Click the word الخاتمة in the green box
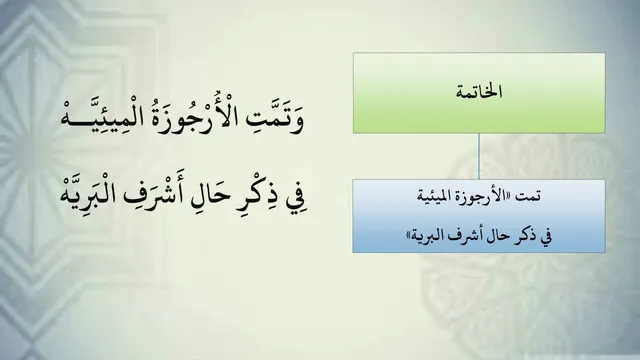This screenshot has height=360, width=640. (x=479, y=91)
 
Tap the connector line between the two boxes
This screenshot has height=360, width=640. (x=479, y=156)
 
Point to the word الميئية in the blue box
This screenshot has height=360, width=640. (x=437, y=196)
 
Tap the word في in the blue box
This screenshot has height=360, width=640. (x=546, y=236)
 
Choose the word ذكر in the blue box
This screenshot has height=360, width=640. (x=525, y=236)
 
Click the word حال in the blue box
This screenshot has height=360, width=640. (x=499, y=236)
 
